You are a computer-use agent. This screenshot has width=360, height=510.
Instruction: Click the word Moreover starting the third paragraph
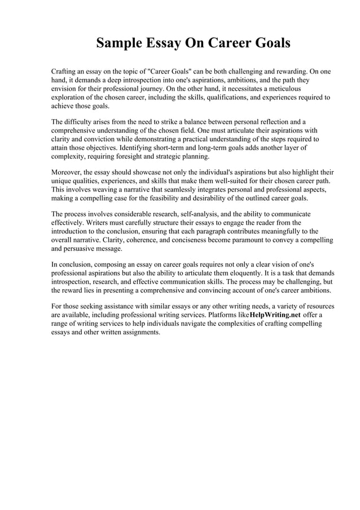[68, 172]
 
